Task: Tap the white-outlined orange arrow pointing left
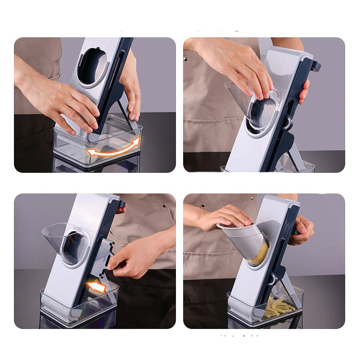coord(96,286)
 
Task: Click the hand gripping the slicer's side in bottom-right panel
coord(302,229)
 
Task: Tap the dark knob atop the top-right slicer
coord(315,66)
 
